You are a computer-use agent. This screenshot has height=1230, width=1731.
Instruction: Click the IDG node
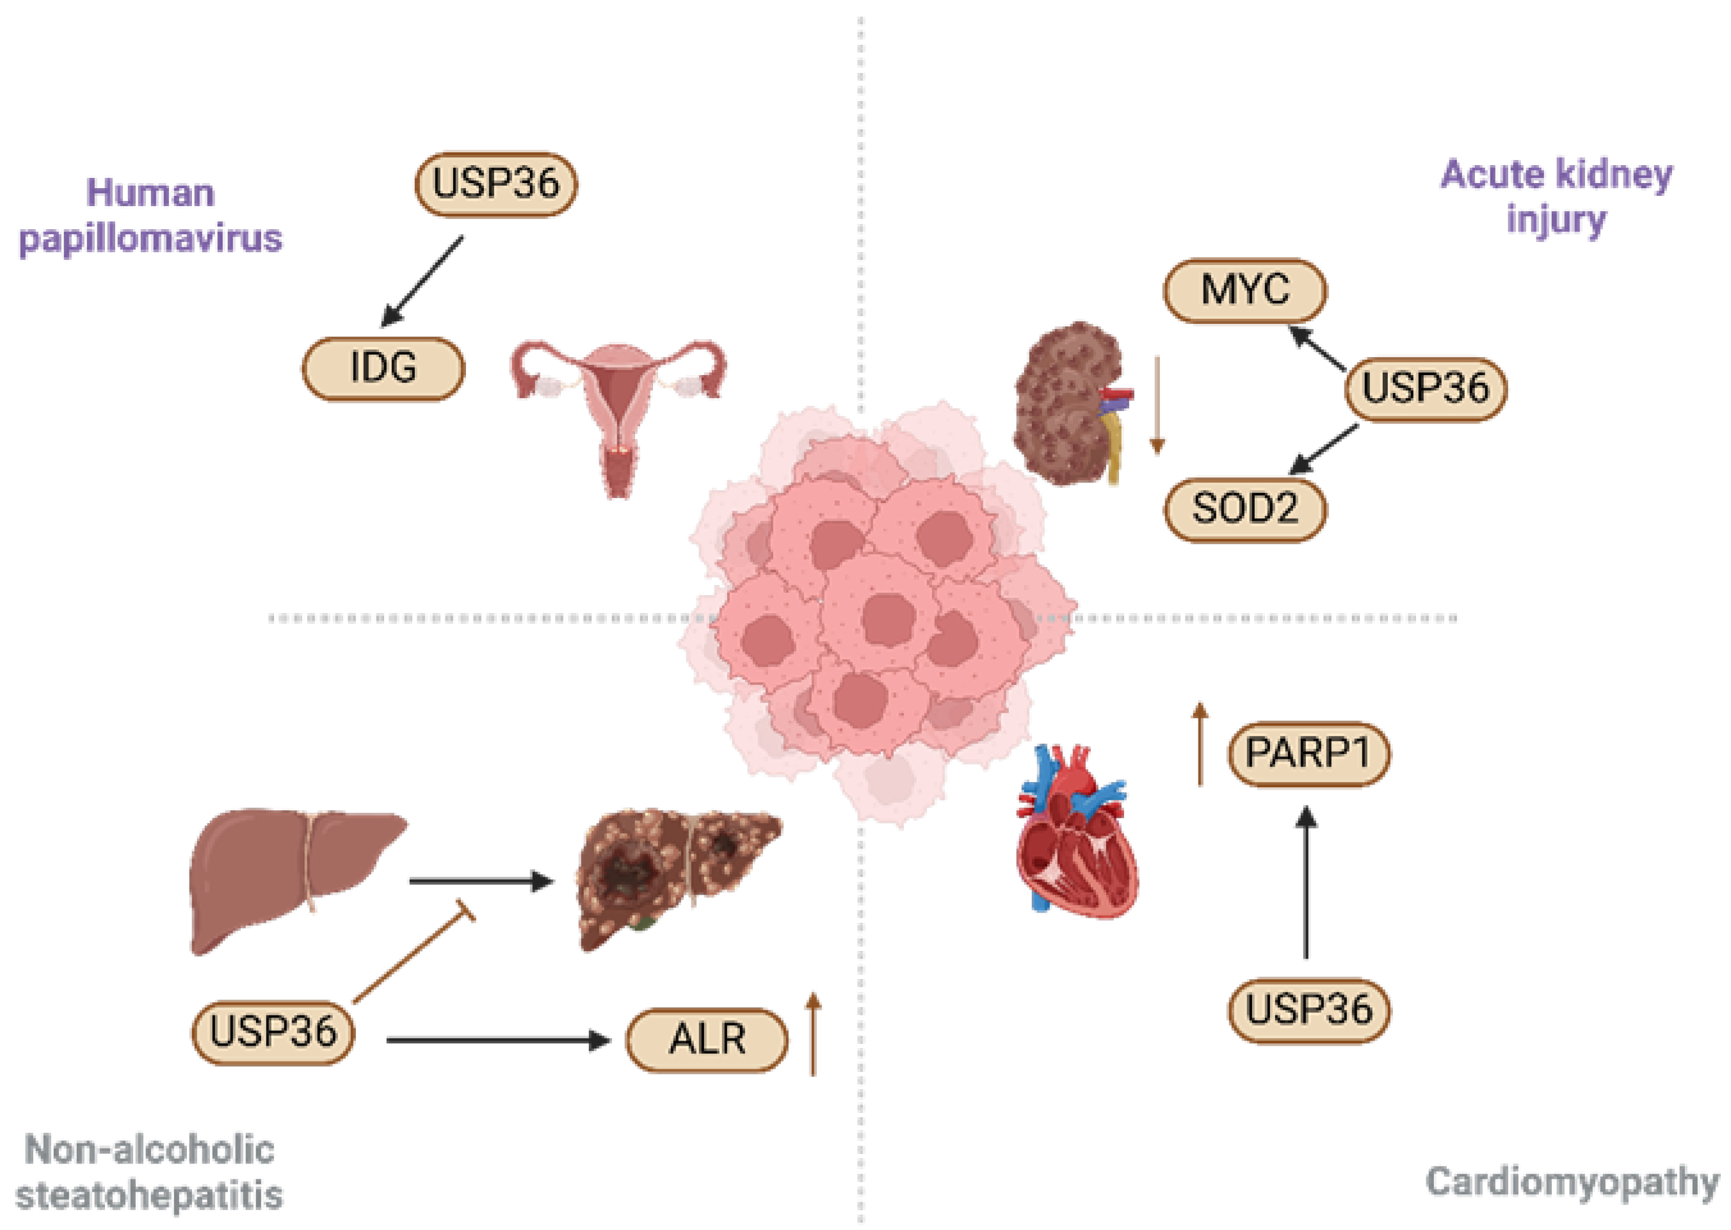point(383,368)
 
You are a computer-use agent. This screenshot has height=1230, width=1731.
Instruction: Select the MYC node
point(1244,290)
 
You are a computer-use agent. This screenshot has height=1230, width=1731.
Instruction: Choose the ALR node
point(707,1039)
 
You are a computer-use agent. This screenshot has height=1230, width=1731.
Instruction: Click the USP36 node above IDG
point(496,184)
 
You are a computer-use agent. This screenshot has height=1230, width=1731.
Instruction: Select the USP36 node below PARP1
point(1308,1010)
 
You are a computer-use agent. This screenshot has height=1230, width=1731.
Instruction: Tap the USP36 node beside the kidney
point(1425,388)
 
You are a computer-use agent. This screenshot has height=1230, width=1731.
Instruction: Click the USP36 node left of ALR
point(273,1032)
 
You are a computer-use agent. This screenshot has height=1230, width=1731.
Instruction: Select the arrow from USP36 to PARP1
point(1305,883)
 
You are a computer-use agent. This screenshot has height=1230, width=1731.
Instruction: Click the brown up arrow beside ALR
point(813,1034)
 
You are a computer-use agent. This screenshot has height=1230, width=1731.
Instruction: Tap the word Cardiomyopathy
point(1572,1183)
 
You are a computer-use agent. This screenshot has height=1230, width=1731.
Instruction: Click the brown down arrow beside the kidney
point(1156,405)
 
